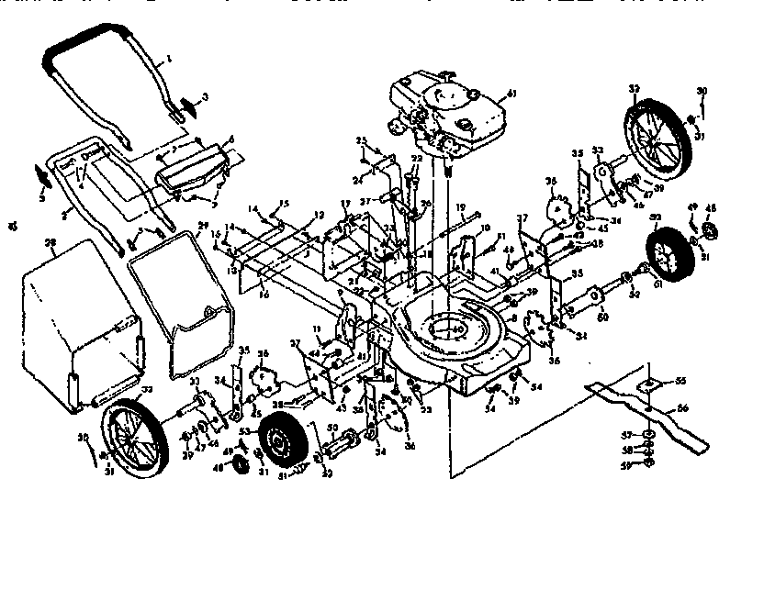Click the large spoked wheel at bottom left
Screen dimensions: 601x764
point(132,440)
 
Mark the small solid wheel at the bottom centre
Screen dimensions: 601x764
point(280,443)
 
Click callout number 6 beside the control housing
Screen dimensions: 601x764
point(231,139)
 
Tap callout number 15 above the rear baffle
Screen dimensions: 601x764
point(285,203)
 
